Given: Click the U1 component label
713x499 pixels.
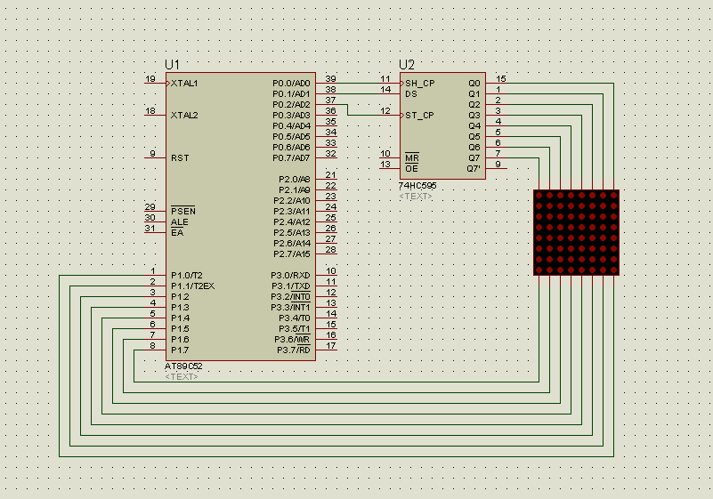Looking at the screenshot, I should pos(172,65).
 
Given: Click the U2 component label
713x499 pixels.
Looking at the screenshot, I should pos(407,65).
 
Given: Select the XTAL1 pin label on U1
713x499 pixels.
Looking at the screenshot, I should pos(184,83).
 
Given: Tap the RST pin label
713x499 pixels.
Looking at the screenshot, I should pos(179,157).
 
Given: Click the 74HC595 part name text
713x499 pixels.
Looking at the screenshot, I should pos(417,185).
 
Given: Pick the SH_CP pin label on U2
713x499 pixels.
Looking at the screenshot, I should pos(420,83).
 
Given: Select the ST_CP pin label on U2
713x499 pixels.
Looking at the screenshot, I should pos(420,115).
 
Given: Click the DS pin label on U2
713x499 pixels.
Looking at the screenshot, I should pos(411,93).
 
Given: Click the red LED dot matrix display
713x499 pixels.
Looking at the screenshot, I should pos(576,232).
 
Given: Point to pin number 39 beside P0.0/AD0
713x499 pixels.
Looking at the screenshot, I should pos(330,79).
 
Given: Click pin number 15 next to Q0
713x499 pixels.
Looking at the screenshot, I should pos(501,79).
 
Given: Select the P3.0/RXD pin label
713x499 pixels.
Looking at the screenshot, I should pos(290,275).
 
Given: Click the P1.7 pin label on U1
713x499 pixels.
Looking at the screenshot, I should pos(180,350).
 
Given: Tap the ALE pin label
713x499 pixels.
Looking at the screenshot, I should pos(179,221).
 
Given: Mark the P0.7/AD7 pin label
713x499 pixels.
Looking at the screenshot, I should pos(291,157).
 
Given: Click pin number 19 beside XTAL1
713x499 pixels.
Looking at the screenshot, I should pos(150,79).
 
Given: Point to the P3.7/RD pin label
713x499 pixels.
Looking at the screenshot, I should pos(293,350).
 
